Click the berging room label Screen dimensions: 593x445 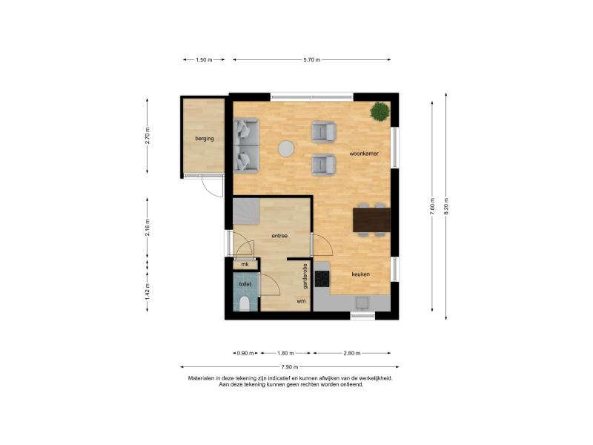205,139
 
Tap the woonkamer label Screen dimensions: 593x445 364,154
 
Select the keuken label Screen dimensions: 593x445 360,274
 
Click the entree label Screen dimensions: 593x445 279,236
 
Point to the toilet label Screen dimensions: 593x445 245,284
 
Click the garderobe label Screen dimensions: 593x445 305,276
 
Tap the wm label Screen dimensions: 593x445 301,301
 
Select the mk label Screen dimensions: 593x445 245,264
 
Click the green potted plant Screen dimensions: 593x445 380,112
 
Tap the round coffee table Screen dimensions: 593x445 286,149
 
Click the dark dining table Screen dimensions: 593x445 371,220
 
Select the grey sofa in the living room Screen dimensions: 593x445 246,145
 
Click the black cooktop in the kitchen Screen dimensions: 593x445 322,279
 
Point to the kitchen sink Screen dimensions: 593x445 362,303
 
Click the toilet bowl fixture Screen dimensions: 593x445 245,303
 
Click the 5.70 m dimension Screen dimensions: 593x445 311,60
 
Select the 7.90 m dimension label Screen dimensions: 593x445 290,366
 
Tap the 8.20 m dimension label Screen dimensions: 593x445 446,206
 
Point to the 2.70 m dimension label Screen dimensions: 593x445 148,136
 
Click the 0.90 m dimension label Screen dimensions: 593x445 245,353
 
